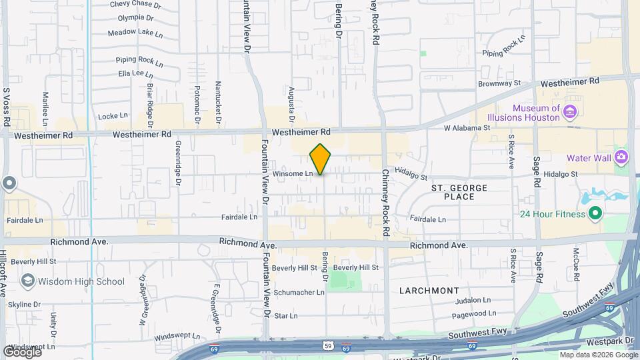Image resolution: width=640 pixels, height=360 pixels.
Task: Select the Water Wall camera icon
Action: point(621,157)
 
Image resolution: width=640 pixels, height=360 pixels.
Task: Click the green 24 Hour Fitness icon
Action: point(594,214)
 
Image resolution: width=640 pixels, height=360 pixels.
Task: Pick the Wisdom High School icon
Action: point(27,281)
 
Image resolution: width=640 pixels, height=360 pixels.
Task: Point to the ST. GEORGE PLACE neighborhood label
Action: point(459,192)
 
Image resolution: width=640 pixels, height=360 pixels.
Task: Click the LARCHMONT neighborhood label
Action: point(429,291)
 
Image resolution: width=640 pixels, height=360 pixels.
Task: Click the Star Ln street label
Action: point(285,315)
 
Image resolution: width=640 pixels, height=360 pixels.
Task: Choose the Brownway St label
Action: point(499,84)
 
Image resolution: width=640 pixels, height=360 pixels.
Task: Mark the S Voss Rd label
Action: point(6,107)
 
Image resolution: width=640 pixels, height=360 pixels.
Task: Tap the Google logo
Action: point(22,351)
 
